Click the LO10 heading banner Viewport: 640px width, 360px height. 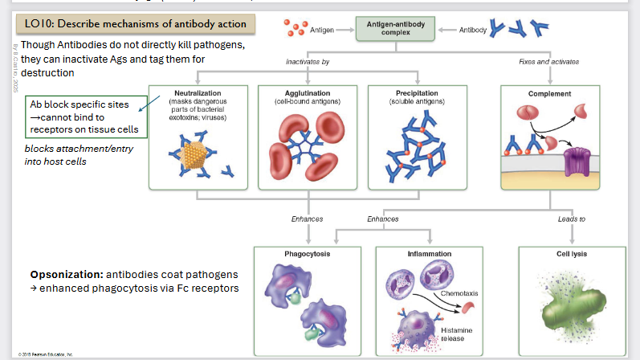point(134,25)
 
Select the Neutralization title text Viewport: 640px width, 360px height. point(197,93)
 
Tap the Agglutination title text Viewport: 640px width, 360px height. point(307,93)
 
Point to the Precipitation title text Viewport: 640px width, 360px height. point(416,93)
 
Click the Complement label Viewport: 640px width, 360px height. point(549,94)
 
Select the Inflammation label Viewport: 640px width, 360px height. point(429,253)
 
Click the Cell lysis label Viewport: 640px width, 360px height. point(572,253)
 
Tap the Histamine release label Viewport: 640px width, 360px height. point(455,334)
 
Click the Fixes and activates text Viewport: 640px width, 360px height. point(548,62)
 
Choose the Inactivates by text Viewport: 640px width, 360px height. point(308,62)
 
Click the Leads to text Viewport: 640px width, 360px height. point(571,219)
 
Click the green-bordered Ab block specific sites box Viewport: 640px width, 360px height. point(84,117)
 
